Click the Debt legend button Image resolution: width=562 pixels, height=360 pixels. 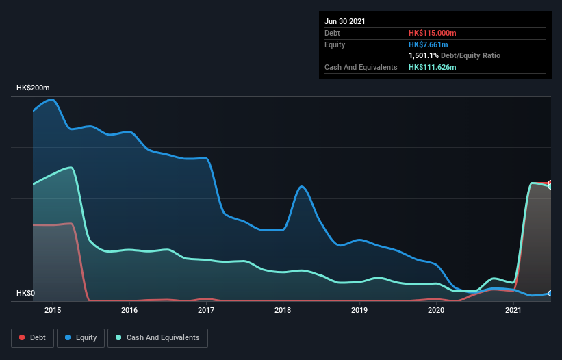pos(31,337)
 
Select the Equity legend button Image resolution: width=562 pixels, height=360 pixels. pos(81,337)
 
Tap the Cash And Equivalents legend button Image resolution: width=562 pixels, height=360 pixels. pos(157,337)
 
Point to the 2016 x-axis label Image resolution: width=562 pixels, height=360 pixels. pos(129,310)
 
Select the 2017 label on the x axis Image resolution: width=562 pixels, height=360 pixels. pos(206,310)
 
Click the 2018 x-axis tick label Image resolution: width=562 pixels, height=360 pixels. pos(283,310)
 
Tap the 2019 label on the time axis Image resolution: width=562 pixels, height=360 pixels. pos(360,310)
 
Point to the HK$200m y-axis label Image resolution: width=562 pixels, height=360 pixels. pos(34,88)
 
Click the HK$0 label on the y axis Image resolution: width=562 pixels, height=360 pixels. pos(27,294)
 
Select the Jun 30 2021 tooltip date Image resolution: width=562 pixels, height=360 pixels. pos(345,21)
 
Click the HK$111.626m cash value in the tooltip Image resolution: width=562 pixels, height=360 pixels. pos(433,67)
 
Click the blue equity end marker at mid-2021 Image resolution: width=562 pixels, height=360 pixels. pos(550,293)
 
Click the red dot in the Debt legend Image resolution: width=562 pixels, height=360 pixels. pos(22,337)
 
